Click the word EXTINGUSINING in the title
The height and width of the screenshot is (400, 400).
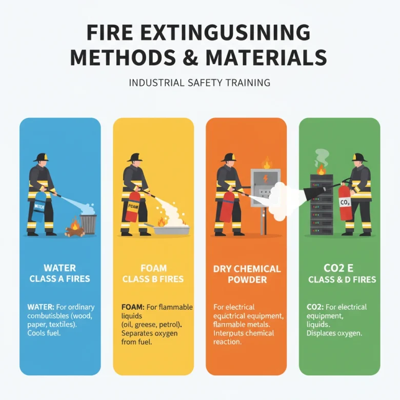tap(225, 32)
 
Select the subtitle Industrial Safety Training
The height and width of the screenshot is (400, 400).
tap(199, 83)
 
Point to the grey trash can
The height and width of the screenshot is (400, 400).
tap(88, 224)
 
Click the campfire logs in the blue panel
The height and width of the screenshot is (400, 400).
tap(74, 232)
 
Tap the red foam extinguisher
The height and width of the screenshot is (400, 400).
tap(132, 206)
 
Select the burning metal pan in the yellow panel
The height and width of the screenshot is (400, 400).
tap(169, 229)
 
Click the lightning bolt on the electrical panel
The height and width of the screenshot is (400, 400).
tap(266, 178)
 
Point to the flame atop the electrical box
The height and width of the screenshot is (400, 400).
tap(267, 163)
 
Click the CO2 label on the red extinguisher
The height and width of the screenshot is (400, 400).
tap(345, 203)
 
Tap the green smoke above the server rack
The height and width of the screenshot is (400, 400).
tap(322, 157)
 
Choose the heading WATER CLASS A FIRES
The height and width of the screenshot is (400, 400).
tap(59, 273)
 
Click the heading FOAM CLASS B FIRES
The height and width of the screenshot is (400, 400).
tap(153, 273)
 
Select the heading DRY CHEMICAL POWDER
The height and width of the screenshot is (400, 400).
tap(247, 274)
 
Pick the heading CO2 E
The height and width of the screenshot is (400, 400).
tap(338, 268)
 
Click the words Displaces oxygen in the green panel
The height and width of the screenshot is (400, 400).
tap(334, 333)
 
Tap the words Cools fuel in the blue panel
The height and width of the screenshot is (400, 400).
tap(44, 333)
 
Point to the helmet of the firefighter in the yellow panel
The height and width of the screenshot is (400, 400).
tap(135, 157)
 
